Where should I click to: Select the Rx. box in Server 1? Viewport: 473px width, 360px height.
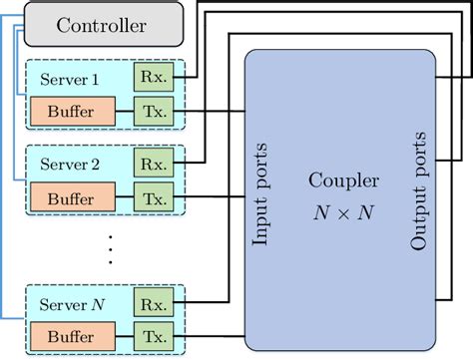click(153, 77)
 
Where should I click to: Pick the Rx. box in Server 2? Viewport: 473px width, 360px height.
click(153, 164)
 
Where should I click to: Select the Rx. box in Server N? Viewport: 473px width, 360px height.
click(153, 303)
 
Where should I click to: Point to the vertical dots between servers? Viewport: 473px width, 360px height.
click(110, 248)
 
